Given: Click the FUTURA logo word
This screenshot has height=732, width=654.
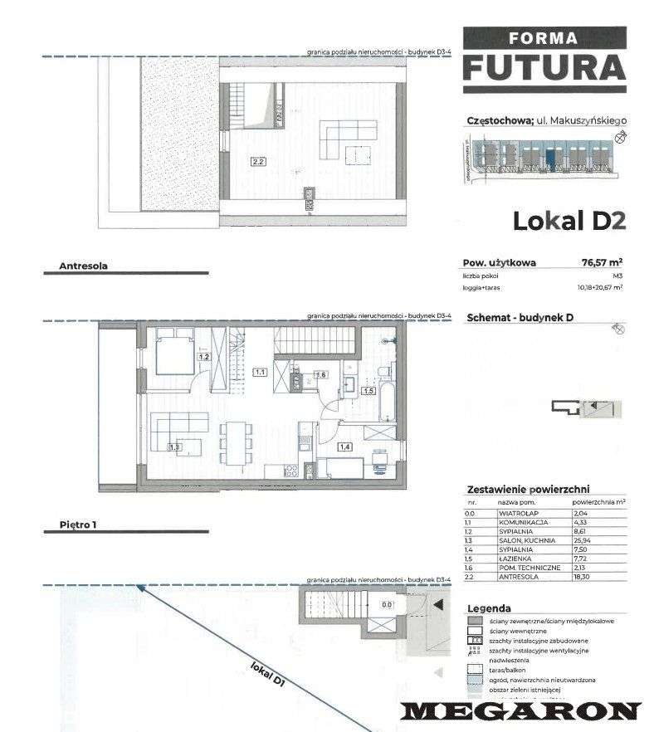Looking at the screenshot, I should [x=543, y=66].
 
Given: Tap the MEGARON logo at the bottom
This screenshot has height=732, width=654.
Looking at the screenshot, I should [x=521, y=710].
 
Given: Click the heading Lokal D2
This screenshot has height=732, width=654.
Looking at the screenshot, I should [x=568, y=221].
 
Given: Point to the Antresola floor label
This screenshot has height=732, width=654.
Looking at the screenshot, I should [x=84, y=266].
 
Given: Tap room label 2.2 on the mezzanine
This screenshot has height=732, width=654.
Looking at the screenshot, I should [x=259, y=163].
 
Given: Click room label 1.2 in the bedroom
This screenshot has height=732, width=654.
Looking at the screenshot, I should [x=203, y=358].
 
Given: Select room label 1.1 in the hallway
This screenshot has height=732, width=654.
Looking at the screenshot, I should [x=260, y=373].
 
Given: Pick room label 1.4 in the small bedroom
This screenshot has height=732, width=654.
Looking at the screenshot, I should [x=344, y=447].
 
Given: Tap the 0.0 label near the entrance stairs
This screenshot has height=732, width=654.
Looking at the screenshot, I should [x=386, y=605].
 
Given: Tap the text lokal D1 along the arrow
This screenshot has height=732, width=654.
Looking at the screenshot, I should [x=267, y=673].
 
